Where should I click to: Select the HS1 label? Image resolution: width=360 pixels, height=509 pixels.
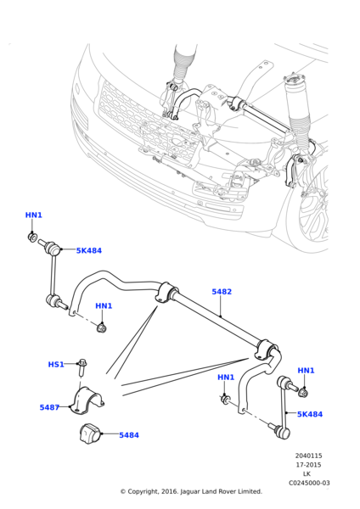[x=56, y=364]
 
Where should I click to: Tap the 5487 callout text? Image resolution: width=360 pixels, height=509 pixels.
[x=49, y=407]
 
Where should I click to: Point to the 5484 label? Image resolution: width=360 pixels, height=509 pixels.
[x=129, y=435]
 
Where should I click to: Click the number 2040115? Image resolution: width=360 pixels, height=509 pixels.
[x=308, y=456]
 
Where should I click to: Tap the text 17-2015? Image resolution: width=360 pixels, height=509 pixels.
[x=307, y=465]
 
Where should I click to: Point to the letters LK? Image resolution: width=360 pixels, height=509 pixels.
[x=307, y=474]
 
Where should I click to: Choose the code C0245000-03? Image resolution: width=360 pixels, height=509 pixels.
[x=308, y=484]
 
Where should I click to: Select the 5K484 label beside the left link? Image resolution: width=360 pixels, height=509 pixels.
[x=88, y=251]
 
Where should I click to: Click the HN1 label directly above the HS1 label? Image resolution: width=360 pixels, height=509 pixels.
[x=104, y=306]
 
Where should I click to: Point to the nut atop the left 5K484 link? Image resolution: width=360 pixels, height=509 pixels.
[x=34, y=238]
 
